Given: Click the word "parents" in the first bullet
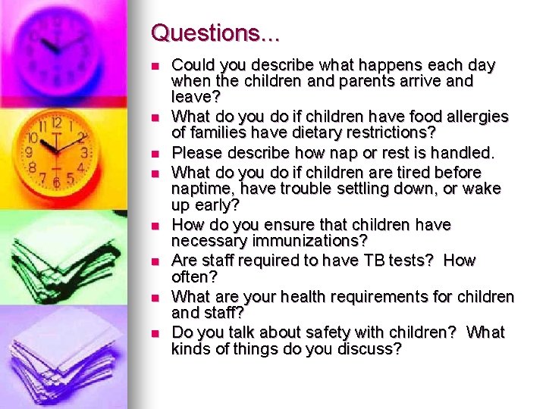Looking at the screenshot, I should pyautogui.click(x=396, y=81).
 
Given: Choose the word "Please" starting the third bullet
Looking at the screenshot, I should pyautogui.click(x=196, y=153).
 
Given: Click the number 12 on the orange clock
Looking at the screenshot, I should pyautogui.click(x=56, y=122).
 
